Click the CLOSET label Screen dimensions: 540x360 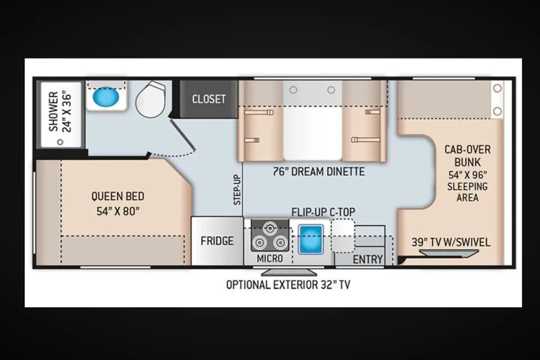209,99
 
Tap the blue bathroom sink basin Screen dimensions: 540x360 106,96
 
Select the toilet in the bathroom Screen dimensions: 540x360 151,100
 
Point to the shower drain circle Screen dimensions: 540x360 60,142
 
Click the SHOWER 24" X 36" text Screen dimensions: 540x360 60,112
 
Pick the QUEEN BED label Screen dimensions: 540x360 118,196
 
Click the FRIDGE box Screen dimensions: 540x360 217,241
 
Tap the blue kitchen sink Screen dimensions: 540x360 310,240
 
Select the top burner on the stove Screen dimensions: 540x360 270,229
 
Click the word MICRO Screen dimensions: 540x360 270,258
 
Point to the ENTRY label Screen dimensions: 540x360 368,259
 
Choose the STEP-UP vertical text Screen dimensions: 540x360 237,190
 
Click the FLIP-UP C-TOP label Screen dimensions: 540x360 323,212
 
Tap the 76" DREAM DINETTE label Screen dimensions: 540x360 318,172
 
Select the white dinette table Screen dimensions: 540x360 313,133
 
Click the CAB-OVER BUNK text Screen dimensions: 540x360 467,156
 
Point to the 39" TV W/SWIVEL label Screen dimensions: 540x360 451,242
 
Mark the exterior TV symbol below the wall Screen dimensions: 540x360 289,272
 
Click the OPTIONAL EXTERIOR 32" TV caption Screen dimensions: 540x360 288,285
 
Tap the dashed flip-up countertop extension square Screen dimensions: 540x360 343,236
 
